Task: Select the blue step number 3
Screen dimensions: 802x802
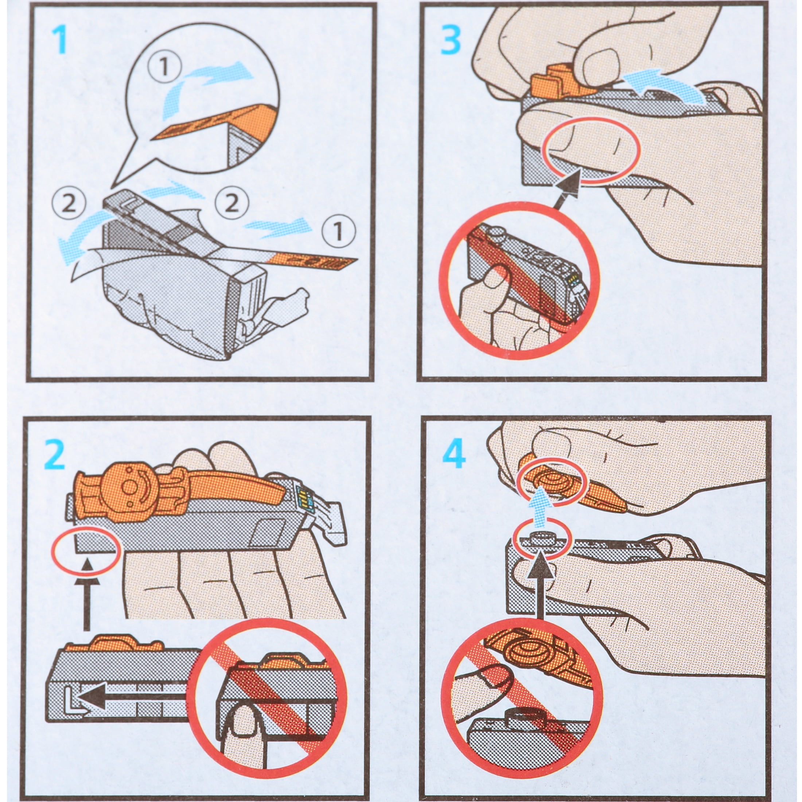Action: [451, 39]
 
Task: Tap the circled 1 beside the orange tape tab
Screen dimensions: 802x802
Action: [338, 231]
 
